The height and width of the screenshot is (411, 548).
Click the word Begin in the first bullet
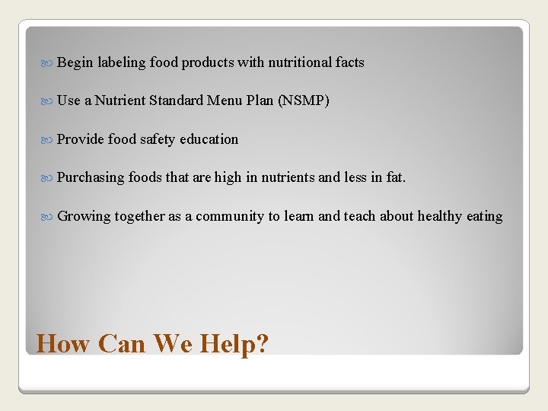pyautogui.click(x=75, y=63)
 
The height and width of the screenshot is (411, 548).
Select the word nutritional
pyautogui.click(x=299, y=62)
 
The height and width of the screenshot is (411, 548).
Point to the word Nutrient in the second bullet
pyautogui.click(x=120, y=100)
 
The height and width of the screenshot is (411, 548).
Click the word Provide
pyautogui.click(x=80, y=139)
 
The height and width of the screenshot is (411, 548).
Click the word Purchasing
pyautogui.click(x=91, y=178)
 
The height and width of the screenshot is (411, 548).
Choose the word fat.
pyautogui.click(x=396, y=177)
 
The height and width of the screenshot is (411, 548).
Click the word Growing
pyautogui.click(x=84, y=217)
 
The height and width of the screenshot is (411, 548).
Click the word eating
pyautogui.click(x=485, y=217)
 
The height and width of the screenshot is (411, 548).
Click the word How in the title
pyautogui.click(x=63, y=344)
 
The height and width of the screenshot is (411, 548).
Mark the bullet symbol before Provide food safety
pyautogui.click(x=49, y=139)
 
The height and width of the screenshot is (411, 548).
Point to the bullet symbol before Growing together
pyautogui.click(x=49, y=216)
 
